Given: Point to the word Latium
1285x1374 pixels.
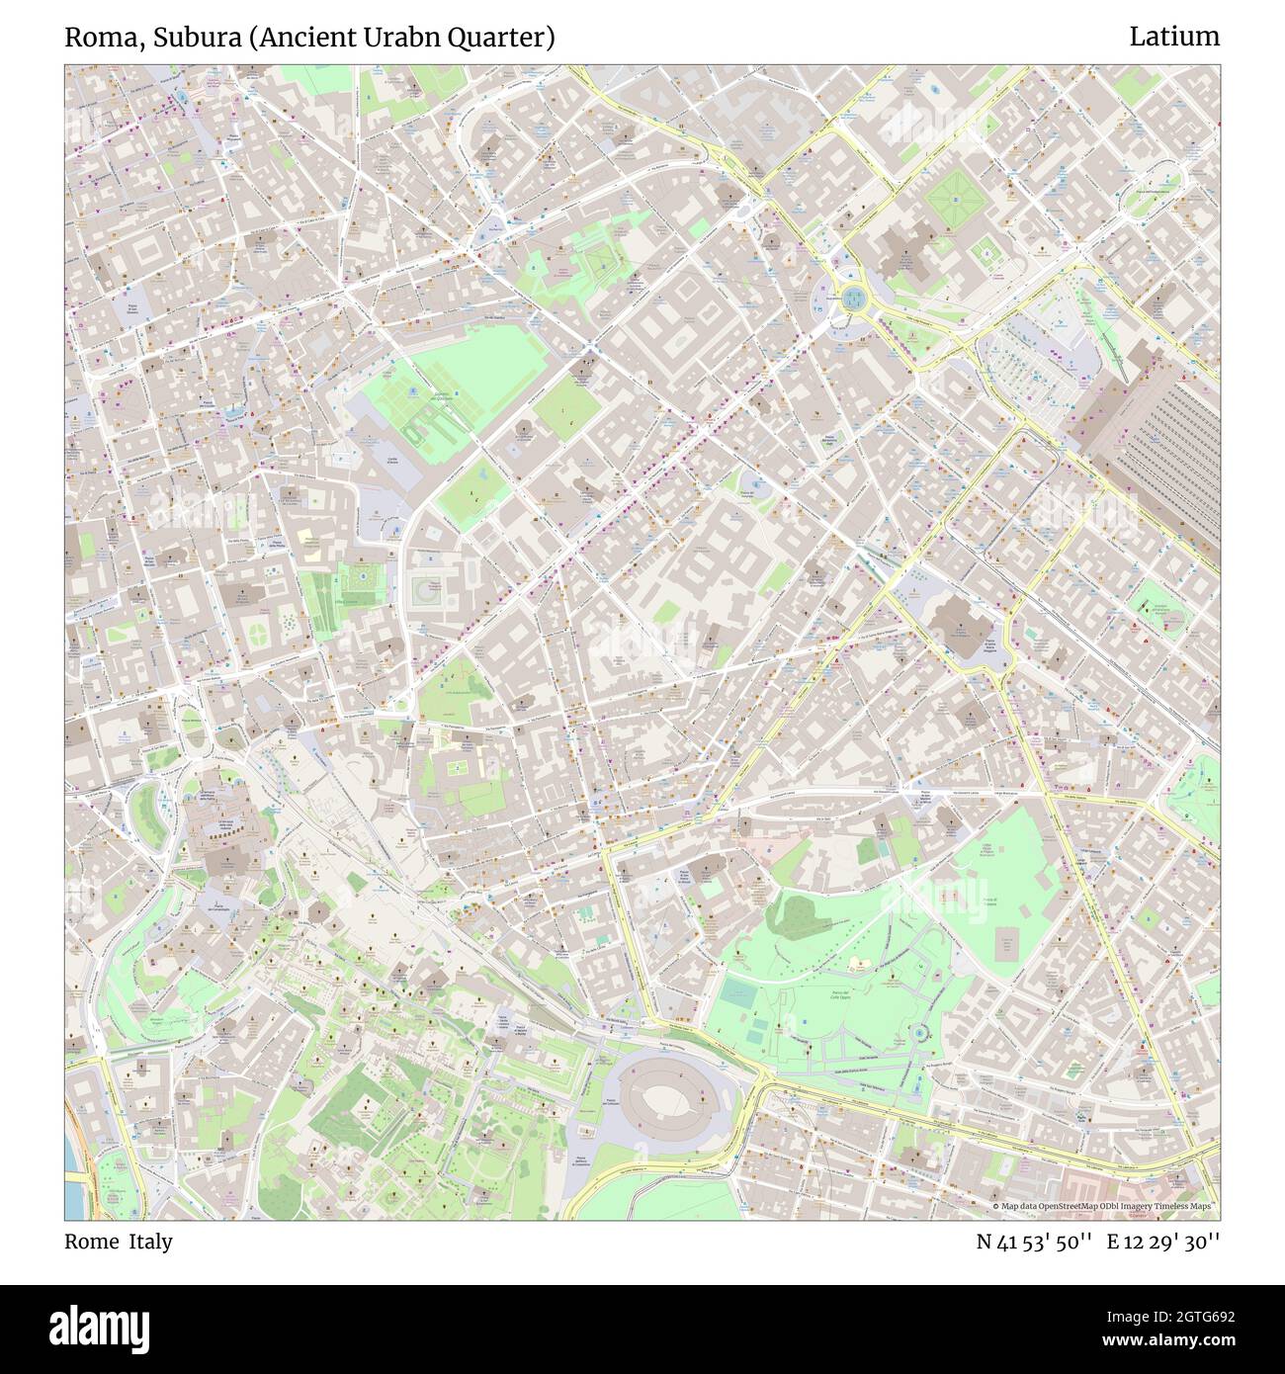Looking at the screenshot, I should tap(1174, 38).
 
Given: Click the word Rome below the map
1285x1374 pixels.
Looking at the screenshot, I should tap(90, 1242).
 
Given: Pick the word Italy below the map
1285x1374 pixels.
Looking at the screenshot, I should tap(150, 1242).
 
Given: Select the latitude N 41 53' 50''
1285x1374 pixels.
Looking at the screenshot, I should tap(1034, 1242).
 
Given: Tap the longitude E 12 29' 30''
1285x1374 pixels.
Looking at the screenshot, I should tap(1163, 1242).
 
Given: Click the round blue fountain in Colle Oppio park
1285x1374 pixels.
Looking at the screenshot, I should tap(920, 1033).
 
